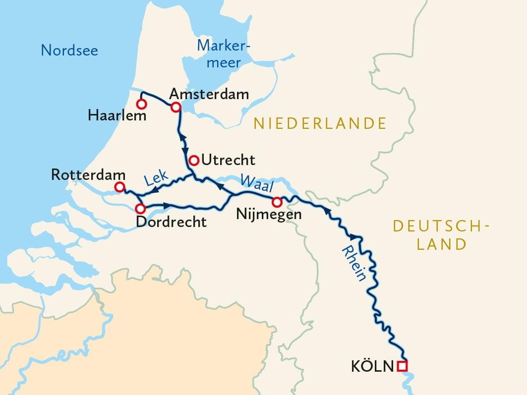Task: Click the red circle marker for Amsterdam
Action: (176, 107)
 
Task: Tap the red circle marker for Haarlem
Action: (141, 104)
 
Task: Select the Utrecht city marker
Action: (194, 160)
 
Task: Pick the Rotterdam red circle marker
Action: (119, 187)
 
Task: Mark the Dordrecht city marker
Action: (141, 209)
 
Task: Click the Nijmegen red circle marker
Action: (277, 202)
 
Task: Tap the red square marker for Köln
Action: (403, 366)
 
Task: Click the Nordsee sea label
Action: (69, 50)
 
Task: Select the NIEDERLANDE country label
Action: (320, 123)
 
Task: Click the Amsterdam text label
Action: (209, 94)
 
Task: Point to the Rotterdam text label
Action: (88, 175)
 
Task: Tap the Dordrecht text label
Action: (171, 222)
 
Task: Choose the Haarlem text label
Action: (117, 116)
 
